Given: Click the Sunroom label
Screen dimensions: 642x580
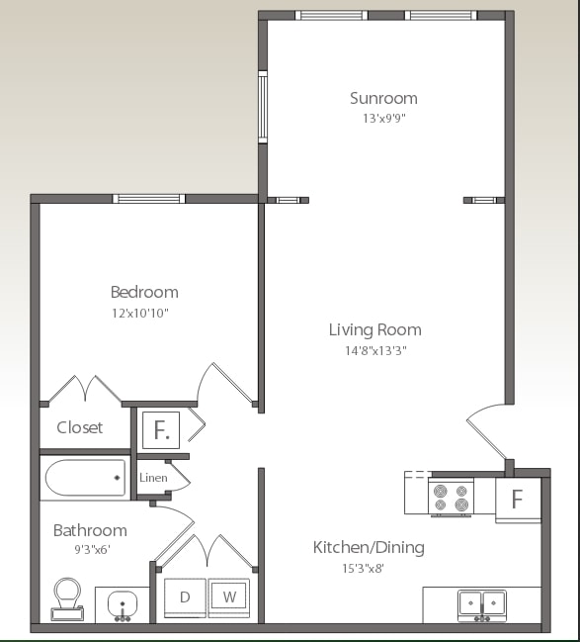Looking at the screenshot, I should (383, 98).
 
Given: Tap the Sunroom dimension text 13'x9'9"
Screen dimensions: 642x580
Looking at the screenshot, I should (383, 118).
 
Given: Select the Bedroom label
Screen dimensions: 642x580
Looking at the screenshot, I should (144, 292).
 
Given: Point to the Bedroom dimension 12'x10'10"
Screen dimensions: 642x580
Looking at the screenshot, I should (144, 313).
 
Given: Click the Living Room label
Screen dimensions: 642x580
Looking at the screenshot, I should (374, 329).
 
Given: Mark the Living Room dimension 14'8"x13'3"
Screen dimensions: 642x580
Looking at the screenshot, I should (374, 350).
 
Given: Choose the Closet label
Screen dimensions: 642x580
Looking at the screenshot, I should (80, 427).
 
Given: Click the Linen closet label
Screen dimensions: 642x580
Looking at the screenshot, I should (153, 478).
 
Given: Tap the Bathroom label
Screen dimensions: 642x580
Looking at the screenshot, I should (90, 530).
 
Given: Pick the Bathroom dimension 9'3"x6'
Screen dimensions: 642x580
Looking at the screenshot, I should (90, 551).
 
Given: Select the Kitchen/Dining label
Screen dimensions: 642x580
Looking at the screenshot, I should (369, 547).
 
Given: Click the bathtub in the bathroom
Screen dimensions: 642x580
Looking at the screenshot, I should (85, 478).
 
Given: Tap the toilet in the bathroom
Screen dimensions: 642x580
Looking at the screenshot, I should (67, 598).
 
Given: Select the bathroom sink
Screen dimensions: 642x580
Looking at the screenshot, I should (123, 602).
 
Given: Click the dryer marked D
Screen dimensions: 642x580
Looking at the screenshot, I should (185, 597).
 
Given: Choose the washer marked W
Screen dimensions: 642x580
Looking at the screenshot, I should (228, 597).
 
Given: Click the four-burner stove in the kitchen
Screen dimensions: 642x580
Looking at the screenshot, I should (451, 496).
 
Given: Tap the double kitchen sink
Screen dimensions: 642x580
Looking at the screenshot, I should (481, 602).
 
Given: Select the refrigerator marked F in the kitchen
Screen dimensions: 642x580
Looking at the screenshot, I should (517, 498).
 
